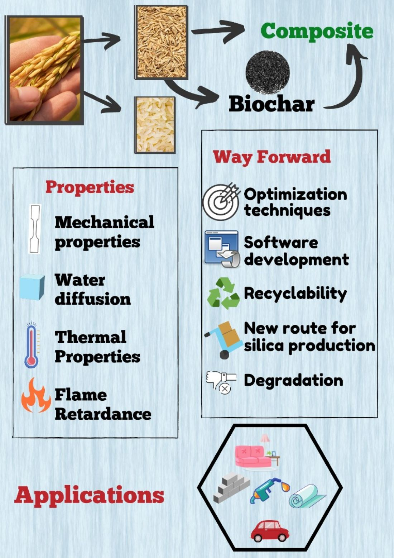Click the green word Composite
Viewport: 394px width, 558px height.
pyautogui.click(x=317, y=31)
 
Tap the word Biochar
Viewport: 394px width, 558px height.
pyautogui.click(x=272, y=104)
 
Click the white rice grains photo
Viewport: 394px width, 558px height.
pyautogui.click(x=155, y=125)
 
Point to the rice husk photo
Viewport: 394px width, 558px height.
pyautogui.click(x=161, y=42)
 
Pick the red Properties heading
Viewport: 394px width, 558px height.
pyautogui.click(x=90, y=187)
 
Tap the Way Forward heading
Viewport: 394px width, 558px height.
pyautogui.click(x=272, y=157)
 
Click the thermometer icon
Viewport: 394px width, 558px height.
pyautogui.click(x=31, y=346)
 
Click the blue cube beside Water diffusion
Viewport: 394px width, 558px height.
pyautogui.click(x=32, y=287)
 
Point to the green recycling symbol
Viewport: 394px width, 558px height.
pyautogui.click(x=223, y=293)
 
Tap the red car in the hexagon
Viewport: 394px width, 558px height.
pyautogui.click(x=269, y=531)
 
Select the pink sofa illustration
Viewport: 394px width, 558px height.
pyautogui.click(x=253, y=456)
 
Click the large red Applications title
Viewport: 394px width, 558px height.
pyautogui.click(x=90, y=495)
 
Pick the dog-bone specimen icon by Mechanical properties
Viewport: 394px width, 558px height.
pyautogui.click(x=35, y=229)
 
